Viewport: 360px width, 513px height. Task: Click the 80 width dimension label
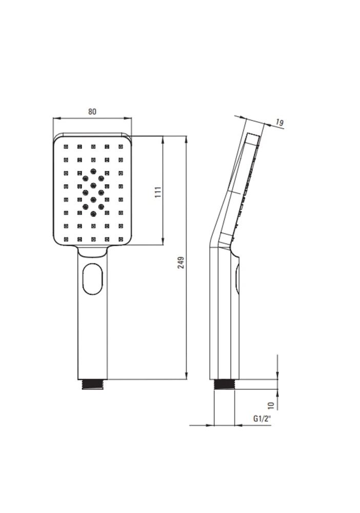point(92,111)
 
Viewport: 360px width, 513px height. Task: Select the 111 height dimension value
point(158,192)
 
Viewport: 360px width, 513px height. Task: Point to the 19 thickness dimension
point(279,123)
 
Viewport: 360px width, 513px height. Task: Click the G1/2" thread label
point(262,419)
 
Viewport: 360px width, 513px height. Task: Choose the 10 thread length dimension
point(271,406)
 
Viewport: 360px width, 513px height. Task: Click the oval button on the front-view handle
point(93,280)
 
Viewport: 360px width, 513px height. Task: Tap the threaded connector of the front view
point(93,384)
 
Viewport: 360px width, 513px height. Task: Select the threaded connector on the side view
point(224,384)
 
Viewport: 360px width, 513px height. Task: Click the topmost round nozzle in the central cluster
point(93,171)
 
